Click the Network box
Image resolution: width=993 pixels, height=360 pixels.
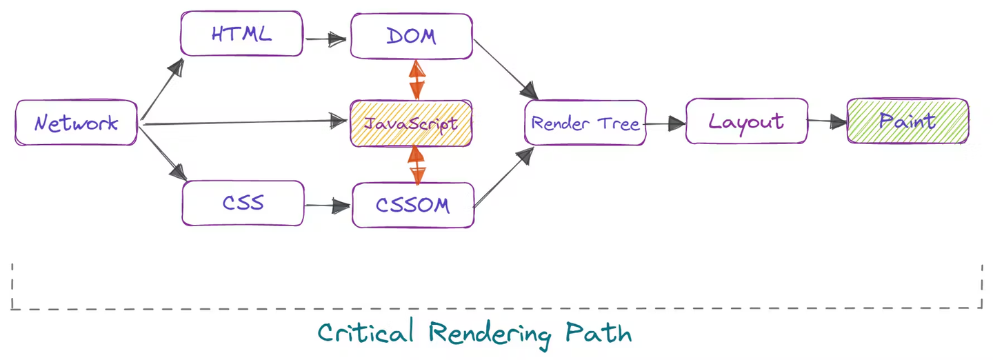tap(76, 123)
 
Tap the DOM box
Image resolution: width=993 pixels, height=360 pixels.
tap(411, 36)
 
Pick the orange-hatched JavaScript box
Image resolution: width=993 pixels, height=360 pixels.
tap(411, 124)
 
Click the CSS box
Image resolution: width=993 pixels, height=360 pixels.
tap(243, 203)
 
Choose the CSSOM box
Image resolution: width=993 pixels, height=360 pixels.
tap(412, 205)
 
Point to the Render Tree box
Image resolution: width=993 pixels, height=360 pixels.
tap(585, 124)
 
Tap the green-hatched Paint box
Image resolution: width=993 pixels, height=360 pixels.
tap(907, 121)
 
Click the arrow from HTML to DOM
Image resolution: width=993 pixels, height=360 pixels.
tap(326, 39)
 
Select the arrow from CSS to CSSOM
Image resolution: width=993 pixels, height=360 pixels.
tap(328, 205)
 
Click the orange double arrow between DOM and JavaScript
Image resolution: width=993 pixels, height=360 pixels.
tap(417, 79)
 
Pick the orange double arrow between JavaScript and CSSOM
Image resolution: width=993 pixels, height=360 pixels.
tap(417, 165)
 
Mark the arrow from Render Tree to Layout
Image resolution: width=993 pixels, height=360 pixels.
tap(665, 124)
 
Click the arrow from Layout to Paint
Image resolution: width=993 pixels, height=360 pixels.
tap(827, 122)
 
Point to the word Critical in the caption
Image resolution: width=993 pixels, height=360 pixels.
tap(365, 333)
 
